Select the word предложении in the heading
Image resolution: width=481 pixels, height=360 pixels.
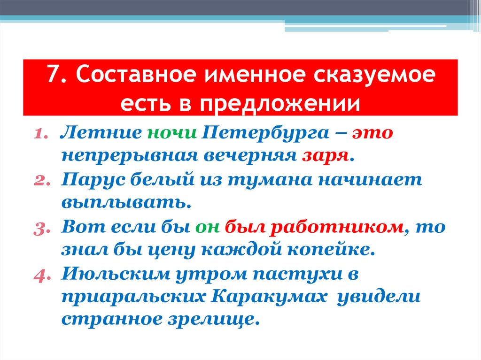[279, 103]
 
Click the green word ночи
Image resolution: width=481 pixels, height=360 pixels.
[171, 133]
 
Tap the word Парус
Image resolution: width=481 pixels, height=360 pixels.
[87, 180]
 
